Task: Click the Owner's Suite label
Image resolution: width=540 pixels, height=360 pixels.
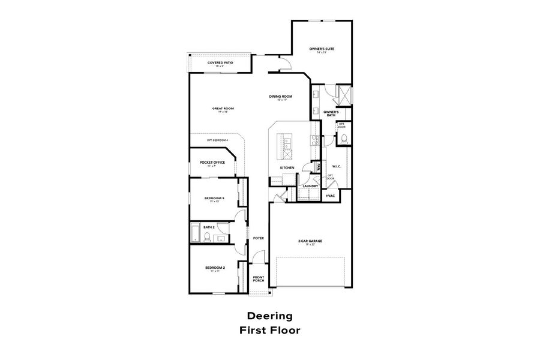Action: click(321, 49)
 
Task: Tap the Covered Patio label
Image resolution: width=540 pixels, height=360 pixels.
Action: click(220, 63)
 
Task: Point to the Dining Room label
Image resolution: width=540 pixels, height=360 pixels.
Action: click(280, 97)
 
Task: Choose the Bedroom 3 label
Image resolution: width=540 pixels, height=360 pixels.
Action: click(214, 199)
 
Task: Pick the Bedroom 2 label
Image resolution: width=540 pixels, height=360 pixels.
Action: click(215, 268)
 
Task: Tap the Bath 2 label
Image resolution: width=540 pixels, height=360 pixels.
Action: click(209, 227)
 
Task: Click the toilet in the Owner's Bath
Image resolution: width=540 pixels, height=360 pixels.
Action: click(344, 139)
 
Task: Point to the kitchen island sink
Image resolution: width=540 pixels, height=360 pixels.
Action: click(287, 143)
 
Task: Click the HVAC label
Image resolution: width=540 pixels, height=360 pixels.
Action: click(330, 196)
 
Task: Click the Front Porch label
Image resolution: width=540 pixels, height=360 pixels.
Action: click(259, 279)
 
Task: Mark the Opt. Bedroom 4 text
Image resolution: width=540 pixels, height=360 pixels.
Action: click(217, 140)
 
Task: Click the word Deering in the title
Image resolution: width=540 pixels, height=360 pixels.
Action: click(269, 316)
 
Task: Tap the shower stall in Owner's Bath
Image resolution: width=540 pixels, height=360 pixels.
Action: click(344, 95)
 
